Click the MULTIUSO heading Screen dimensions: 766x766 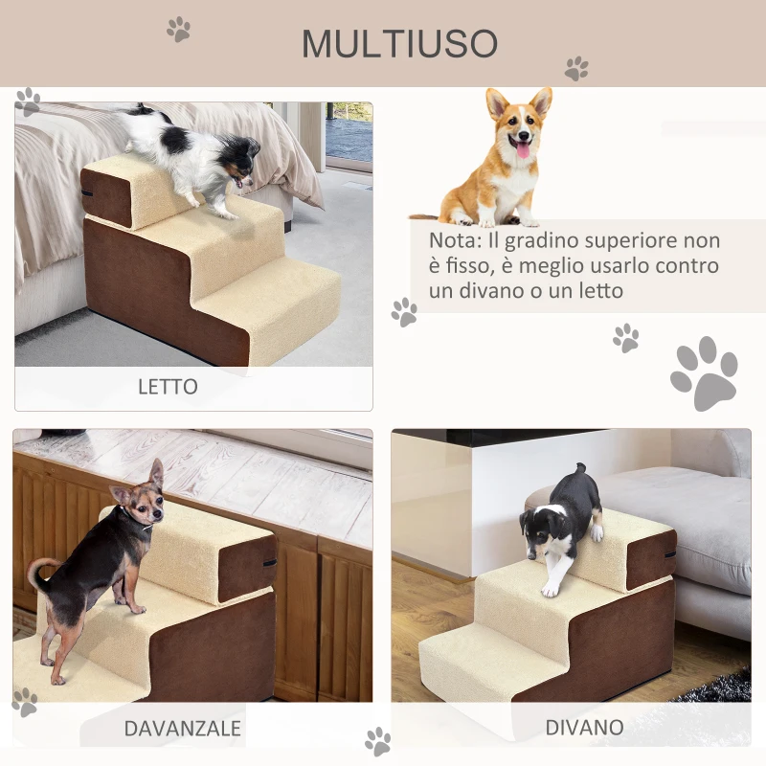click(x=399, y=43)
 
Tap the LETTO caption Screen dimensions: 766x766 click(x=168, y=387)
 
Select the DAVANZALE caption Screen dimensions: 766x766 click(x=182, y=728)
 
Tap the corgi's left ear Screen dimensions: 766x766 click(x=497, y=102)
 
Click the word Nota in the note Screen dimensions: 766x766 click(x=451, y=240)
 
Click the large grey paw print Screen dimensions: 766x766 click(x=704, y=373)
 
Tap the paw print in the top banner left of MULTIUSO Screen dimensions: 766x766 click(x=178, y=29)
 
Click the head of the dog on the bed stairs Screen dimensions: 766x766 click(x=239, y=157)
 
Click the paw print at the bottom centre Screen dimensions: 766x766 click(x=378, y=740)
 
